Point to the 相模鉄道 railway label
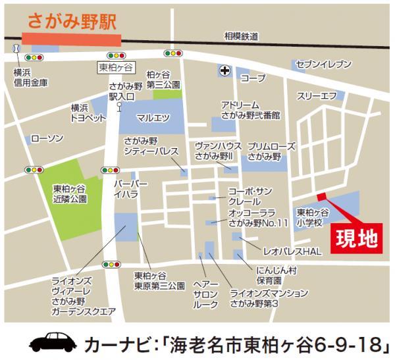pos(241,37)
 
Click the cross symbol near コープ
pos(224,70)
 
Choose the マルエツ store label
pos(153,118)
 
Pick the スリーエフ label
pos(317,96)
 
